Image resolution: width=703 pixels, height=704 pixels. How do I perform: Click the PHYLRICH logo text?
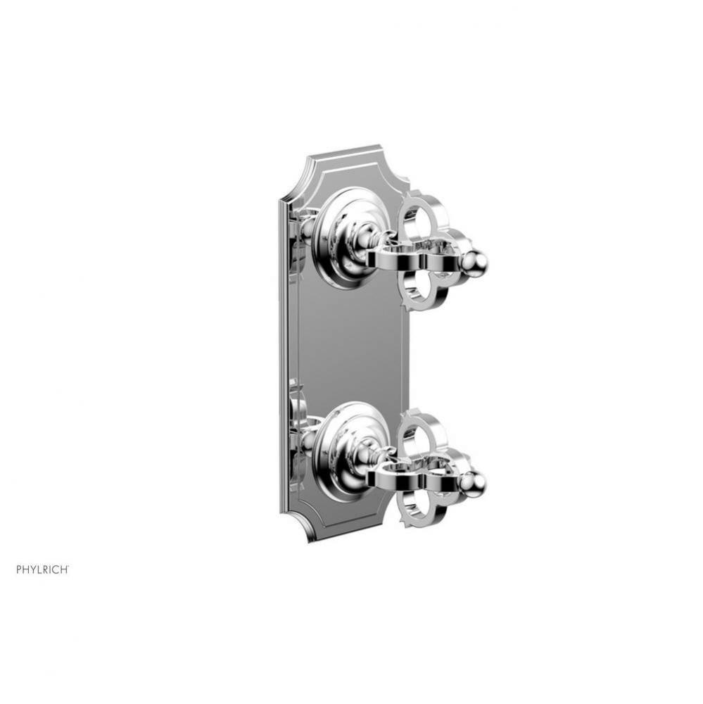pyautogui.click(x=42, y=550)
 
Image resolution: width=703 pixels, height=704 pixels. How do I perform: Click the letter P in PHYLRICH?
pyautogui.click(x=19, y=550)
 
